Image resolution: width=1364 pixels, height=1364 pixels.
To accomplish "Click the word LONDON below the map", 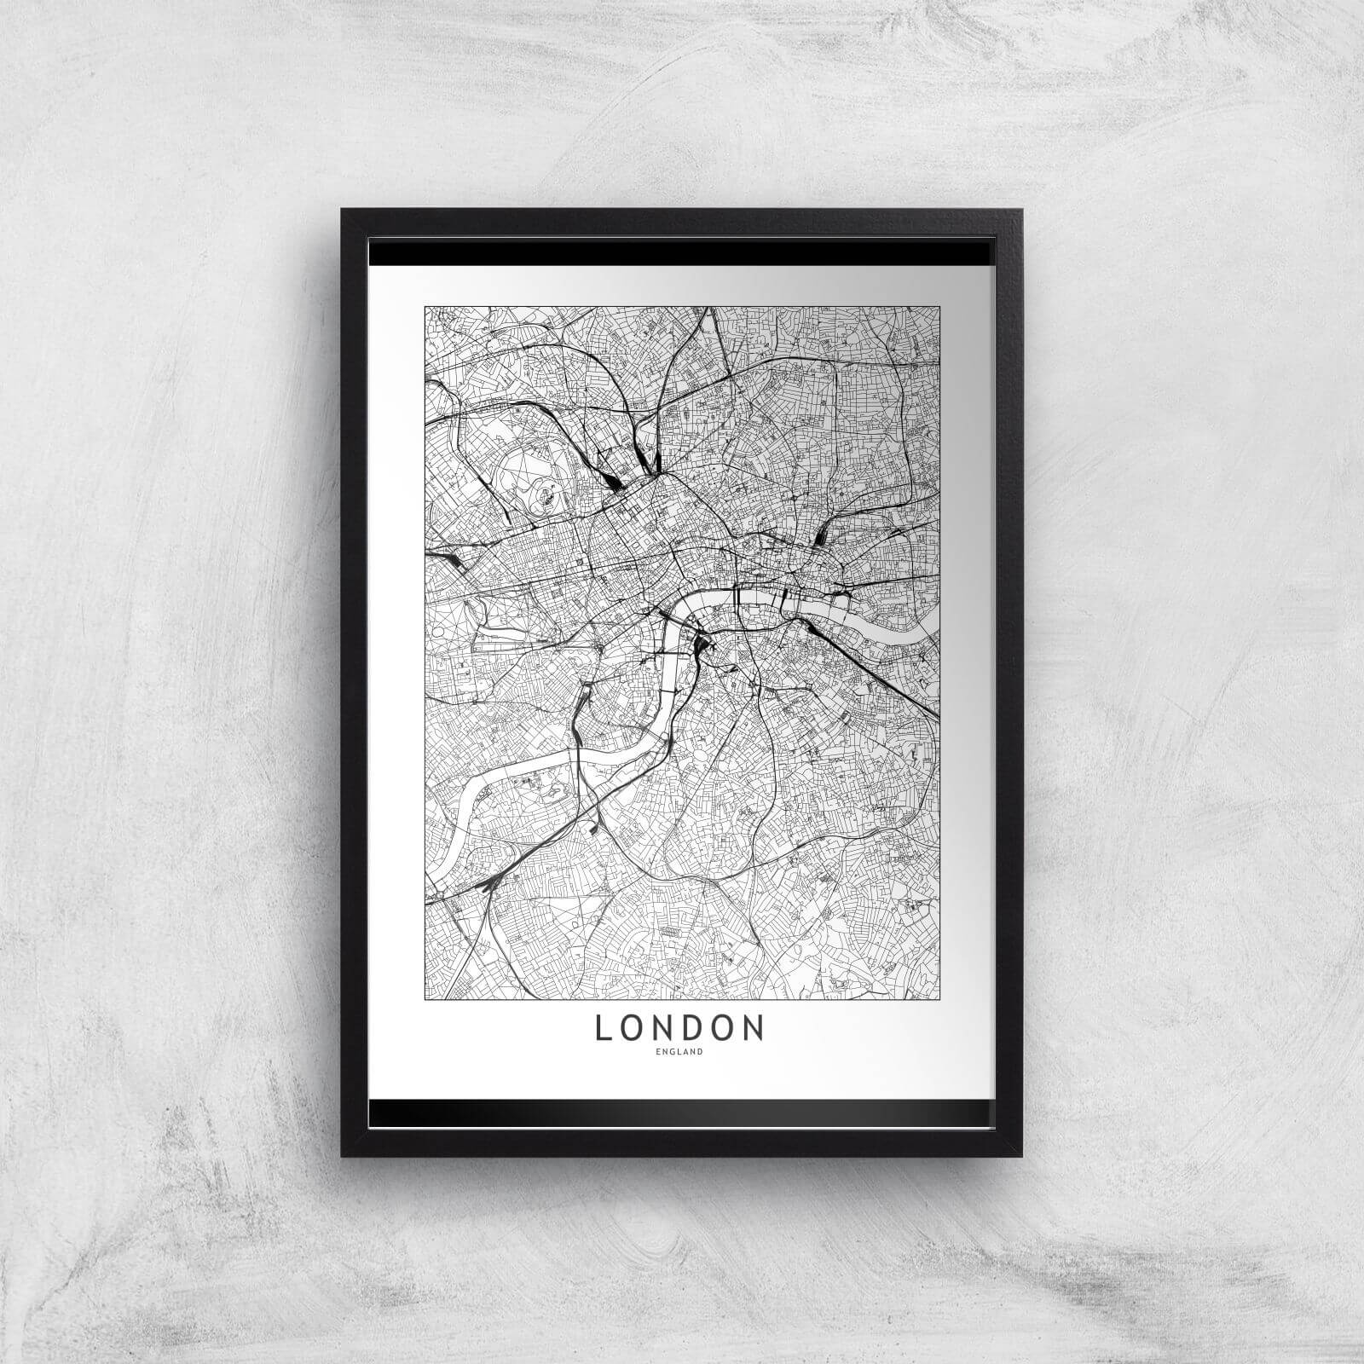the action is coord(679,1028).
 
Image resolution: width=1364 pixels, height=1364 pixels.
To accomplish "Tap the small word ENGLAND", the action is coord(679,1052).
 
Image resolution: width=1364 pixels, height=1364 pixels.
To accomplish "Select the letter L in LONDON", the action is coord(602,1028).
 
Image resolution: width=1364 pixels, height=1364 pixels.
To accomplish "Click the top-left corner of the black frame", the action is coord(343,211).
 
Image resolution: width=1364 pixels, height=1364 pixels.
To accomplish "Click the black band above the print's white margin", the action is coord(682,253).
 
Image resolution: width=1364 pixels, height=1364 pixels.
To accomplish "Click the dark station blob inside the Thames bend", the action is coord(706,655).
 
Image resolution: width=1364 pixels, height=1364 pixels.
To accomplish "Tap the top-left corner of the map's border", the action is coord(425,306).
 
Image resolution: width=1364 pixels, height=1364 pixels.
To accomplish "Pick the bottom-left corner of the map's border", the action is coord(425,999).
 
